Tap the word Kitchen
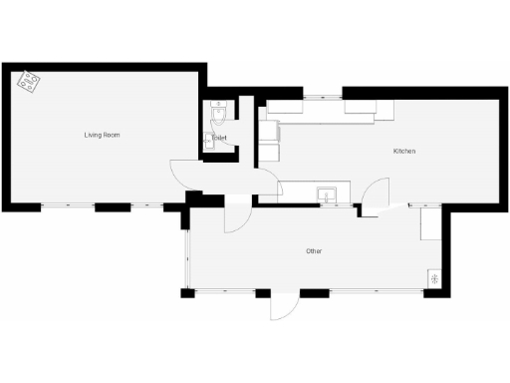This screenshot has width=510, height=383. click(x=403, y=151)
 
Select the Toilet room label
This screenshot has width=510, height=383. click(x=221, y=138)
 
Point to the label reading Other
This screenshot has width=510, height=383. click(x=313, y=251)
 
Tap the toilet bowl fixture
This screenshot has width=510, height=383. click(x=220, y=110)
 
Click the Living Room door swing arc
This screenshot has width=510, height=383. click(x=182, y=174)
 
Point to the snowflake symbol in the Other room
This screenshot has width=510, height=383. click(x=434, y=277)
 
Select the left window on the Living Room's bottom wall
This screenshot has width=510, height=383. click(x=68, y=206)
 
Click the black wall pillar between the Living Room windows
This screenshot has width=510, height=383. click(x=112, y=206)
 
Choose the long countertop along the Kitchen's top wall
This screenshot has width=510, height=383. click(x=329, y=111)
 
